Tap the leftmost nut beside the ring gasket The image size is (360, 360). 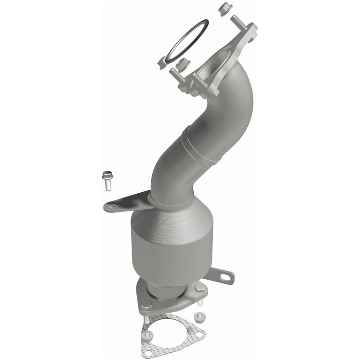(x=162, y=63)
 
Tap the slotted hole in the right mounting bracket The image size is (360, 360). (x=225, y=278)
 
